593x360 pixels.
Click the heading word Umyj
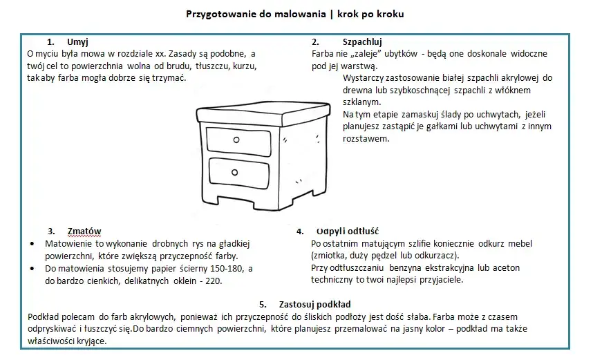click(78, 42)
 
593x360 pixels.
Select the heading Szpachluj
click(362, 42)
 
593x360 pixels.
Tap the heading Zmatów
click(84, 231)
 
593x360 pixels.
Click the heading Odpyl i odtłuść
click(346, 231)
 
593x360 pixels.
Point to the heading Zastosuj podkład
click(314, 304)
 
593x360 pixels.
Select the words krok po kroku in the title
click(376, 14)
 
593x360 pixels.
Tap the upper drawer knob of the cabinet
click(236, 140)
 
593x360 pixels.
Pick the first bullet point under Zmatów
click(34, 245)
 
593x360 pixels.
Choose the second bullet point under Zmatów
click(34, 269)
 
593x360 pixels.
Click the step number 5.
click(263, 304)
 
